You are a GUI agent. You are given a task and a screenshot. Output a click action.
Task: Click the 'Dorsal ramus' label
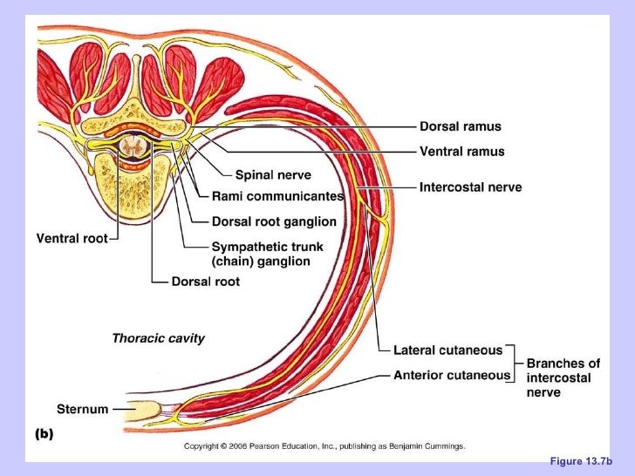(x=461, y=126)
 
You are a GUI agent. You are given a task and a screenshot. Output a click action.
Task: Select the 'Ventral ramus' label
(x=461, y=152)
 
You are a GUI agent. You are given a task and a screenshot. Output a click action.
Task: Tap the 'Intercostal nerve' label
(x=470, y=187)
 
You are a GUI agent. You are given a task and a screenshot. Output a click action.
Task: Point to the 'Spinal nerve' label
(x=273, y=175)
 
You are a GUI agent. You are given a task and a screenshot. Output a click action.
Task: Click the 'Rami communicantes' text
(x=277, y=196)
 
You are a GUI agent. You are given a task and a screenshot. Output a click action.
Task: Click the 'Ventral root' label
(x=71, y=238)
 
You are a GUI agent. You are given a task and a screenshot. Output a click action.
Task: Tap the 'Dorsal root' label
(x=205, y=282)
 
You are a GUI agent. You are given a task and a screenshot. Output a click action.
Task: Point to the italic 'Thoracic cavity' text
(x=158, y=338)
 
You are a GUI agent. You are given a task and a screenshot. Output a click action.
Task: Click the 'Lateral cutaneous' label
(x=447, y=350)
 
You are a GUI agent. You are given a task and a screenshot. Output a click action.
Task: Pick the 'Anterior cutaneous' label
(x=452, y=375)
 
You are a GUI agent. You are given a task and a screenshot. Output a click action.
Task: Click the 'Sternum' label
(x=82, y=408)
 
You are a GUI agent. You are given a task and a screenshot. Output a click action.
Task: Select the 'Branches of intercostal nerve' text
(x=563, y=377)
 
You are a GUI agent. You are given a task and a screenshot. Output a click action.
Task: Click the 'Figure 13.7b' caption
(x=581, y=460)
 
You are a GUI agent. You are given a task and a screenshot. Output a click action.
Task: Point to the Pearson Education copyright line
(x=324, y=445)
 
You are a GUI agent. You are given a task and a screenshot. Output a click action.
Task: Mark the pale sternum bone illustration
(x=147, y=409)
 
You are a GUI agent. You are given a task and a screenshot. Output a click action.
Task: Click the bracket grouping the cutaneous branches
(x=517, y=363)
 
